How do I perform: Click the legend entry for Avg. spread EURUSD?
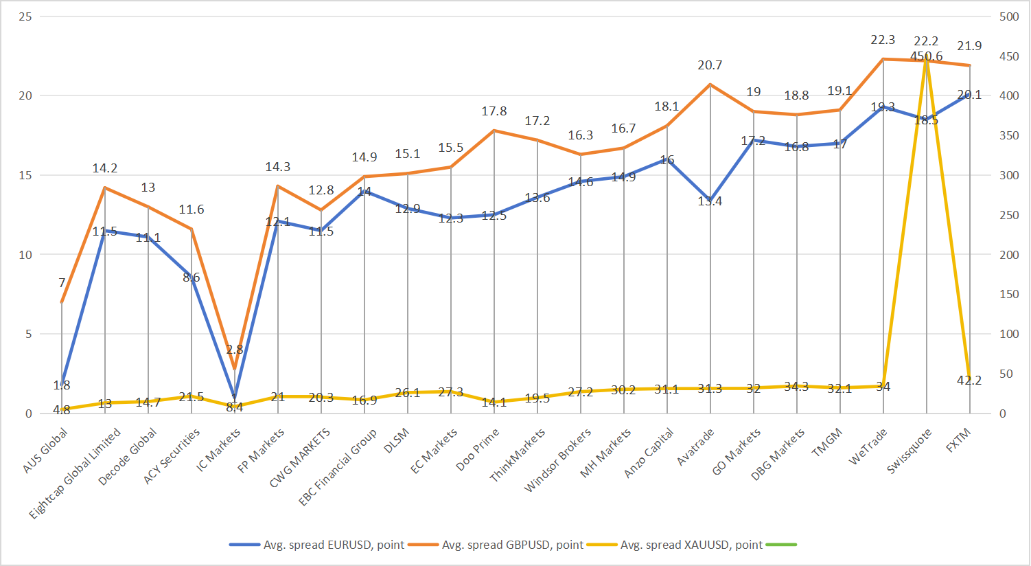(334, 545)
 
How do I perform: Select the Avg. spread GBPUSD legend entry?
(512, 545)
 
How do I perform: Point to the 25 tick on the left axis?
(25, 16)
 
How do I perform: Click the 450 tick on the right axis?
(1009, 56)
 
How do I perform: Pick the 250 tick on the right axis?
(1009, 215)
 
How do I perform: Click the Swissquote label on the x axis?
(910, 451)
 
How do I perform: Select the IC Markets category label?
(219, 450)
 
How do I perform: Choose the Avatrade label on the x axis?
(696, 447)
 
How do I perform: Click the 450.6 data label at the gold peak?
(926, 56)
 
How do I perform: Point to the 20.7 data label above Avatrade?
(710, 65)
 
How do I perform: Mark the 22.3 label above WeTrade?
(883, 40)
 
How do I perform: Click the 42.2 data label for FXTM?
(969, 380)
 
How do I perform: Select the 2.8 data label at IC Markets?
(235, 350)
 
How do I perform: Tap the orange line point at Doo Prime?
(494, 131)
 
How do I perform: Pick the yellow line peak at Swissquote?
(926, 60)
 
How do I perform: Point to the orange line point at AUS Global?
(62, 302)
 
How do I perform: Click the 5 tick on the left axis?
(28, 334)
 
